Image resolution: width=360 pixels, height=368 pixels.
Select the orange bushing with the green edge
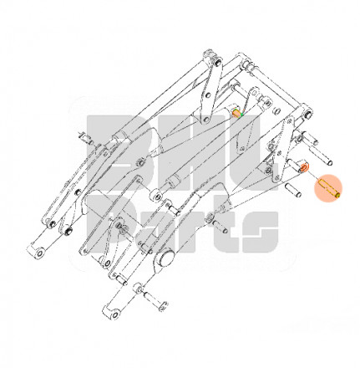pyautogui.click(x=236, y=113)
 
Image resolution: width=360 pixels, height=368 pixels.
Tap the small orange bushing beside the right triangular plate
pyautogui.click(x=304, y=167)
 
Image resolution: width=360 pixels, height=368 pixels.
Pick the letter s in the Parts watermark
pyautogui.click(x=261, y=232)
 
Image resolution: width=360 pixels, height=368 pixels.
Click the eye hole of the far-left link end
pyautogui.click(x=40, y=253)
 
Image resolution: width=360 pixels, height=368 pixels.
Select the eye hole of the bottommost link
pyautogui.click(x=115, y=315)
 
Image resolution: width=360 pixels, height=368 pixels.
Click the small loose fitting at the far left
pyautogui.click(x=85, y=138)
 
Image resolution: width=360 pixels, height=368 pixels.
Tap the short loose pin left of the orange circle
pyautogui.click(x=293, y=190)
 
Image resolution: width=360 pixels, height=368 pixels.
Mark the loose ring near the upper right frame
pyautogui.click(x=277, y=111)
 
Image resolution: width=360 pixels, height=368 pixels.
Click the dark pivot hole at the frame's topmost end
pyautogui.click(x=218, y=62)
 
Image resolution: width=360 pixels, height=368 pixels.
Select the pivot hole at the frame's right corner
pyautogui.click(x=308, y=114)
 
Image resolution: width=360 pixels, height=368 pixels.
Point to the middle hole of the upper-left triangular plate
pyautogui.click(x=207, y=95)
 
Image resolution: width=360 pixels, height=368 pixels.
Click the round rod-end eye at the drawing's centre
pyautogui.click(x=156, y=197)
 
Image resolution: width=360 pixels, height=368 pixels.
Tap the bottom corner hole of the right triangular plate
pyautogui.click(x=276, y=176)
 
